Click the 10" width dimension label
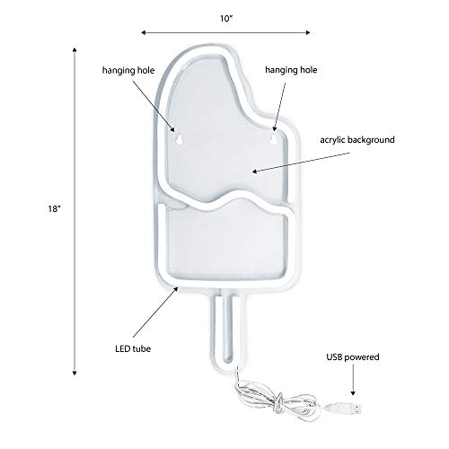(x=226, y=19)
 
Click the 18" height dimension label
(x=55, y=208)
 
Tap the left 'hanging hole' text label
(x=128, y=70)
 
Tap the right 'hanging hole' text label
(x=291, y=70)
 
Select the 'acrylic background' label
(x=357, y=140)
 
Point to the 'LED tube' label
(x=133, y=348)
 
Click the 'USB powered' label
(x=353, y=357)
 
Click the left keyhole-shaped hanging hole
(x=180, y=139)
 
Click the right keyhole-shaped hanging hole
(x=274, y=139)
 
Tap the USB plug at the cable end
(x=345, y=408)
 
